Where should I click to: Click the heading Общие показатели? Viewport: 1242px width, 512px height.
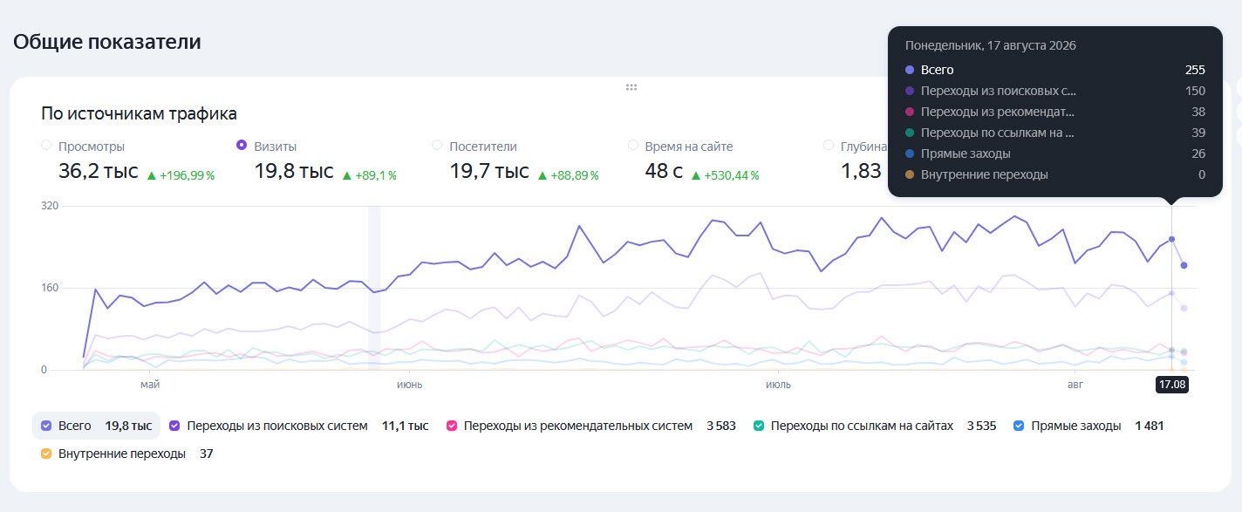107,42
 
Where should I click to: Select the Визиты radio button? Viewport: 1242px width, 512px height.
242,145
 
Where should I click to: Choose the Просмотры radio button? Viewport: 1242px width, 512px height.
46,145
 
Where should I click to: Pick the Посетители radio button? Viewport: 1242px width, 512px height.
437,145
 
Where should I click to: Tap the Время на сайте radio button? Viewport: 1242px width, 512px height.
632,145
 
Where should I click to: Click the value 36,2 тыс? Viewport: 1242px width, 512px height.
99,171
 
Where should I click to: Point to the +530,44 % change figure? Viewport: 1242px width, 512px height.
732,176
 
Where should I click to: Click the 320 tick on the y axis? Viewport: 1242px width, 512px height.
50,206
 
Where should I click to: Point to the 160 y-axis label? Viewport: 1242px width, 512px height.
50,288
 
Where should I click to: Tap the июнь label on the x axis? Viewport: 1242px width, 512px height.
410,385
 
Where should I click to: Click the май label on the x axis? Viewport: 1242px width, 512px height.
150,385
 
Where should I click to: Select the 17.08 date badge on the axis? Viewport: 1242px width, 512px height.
1172,385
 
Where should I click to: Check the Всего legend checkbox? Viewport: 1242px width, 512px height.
46,426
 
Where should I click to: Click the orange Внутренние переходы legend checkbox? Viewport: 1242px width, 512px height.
46,454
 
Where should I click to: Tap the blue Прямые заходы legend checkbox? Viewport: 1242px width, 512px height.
1019,426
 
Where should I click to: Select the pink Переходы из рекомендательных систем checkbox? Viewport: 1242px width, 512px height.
452,426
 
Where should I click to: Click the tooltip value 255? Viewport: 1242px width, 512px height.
1195,70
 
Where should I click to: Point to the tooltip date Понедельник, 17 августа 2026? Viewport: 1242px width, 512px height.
990,45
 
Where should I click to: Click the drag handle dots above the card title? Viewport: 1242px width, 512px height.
631,87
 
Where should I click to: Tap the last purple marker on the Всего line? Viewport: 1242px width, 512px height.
1184,266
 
